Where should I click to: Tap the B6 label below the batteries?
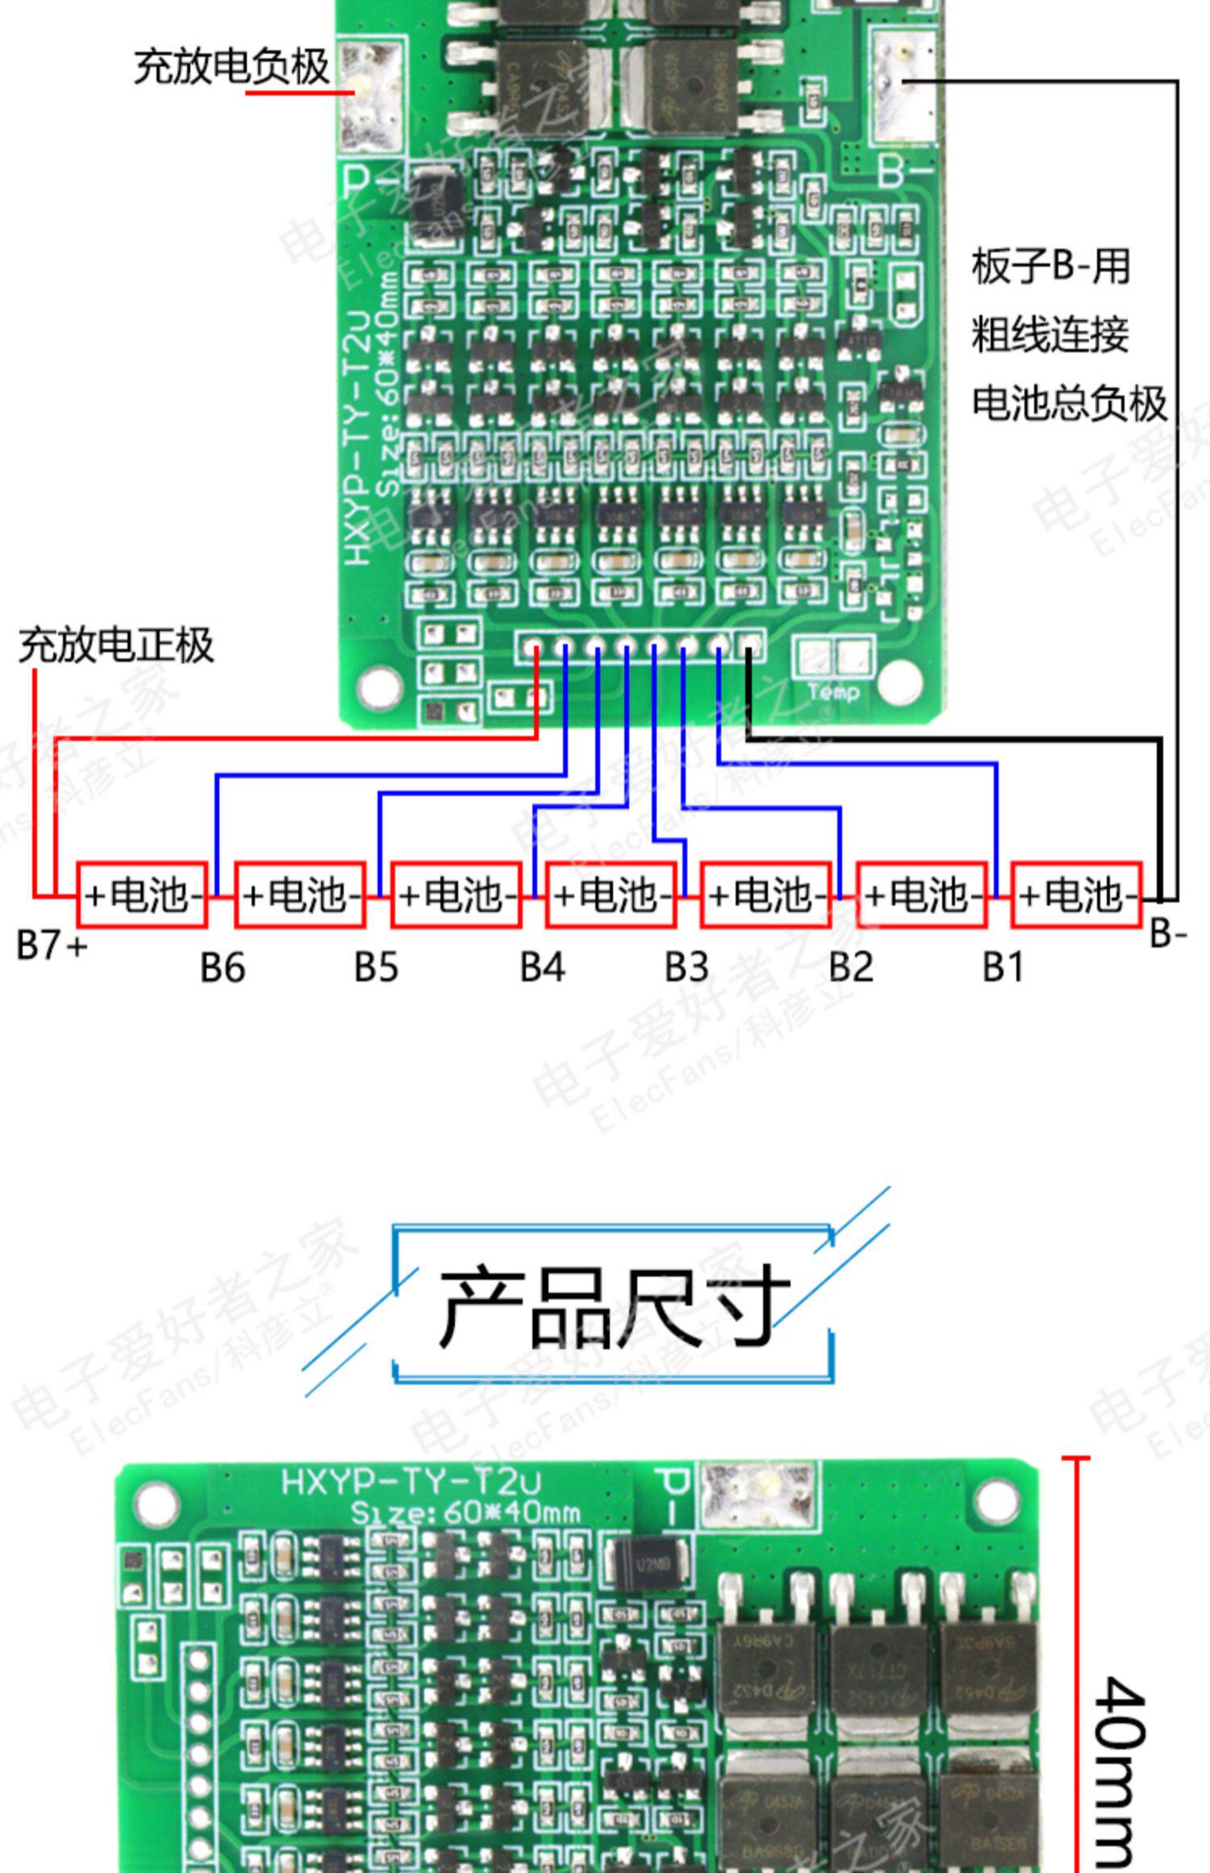click(223, 967)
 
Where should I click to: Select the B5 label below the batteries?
click(376, 966)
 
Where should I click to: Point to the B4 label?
click(542, 966)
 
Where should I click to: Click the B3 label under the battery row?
click(686, 966)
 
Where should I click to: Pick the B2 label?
click(851, 966)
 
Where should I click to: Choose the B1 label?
click(1003, 966)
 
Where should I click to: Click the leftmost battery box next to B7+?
click(143, 895)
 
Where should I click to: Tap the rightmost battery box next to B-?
click(1077, 895)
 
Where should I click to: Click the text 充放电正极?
click(116, 645)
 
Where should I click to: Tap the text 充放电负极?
click(232, 66)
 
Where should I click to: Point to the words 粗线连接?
click(1049, 335)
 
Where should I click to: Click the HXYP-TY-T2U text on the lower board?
click(411, 1482)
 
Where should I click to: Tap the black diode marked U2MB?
click(650, 1566)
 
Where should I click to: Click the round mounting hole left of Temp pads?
click(380, 686)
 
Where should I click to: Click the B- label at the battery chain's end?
click(1168, 933)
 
